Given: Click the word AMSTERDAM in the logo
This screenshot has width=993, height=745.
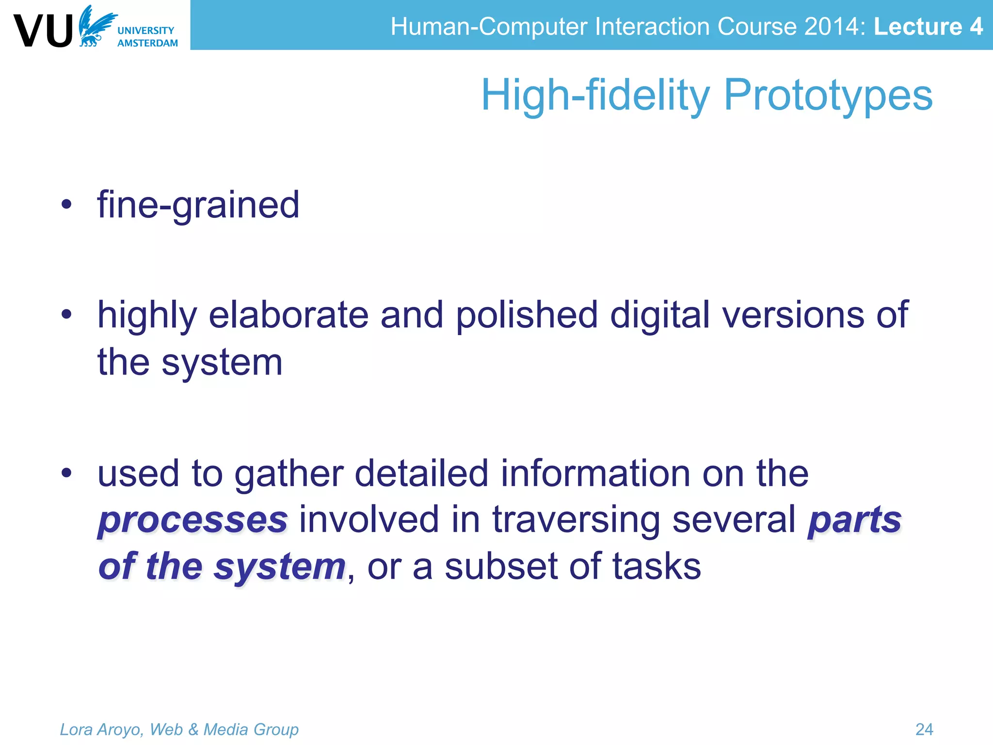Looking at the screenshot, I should coord(147,43).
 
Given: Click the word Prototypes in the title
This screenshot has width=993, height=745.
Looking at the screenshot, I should coord(828,95).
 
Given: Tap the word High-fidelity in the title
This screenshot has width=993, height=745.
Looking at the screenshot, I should coord(595,95).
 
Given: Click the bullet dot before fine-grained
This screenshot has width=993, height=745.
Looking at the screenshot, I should coord(66,205).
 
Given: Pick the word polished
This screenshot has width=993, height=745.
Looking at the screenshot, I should coord(527,315).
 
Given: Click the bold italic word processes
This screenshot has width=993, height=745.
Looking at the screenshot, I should coord(193,520).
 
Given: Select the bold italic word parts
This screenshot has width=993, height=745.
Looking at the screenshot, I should coord(854,520).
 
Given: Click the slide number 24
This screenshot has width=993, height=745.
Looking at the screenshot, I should coord(924,729).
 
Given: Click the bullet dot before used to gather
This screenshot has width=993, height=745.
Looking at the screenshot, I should coord(66,473).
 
